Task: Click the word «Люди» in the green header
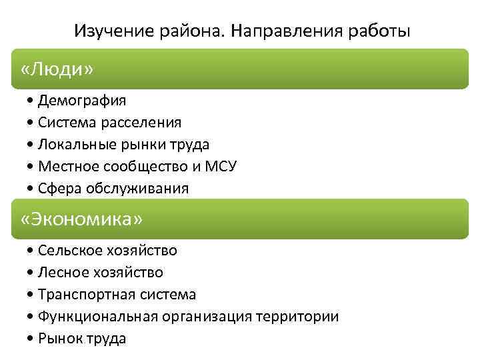tap(57, 69)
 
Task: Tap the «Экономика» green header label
tap(82, 219)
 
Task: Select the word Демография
tap(82, 101)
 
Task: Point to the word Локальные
tap(72, 145)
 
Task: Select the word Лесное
tap(61, 273)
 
